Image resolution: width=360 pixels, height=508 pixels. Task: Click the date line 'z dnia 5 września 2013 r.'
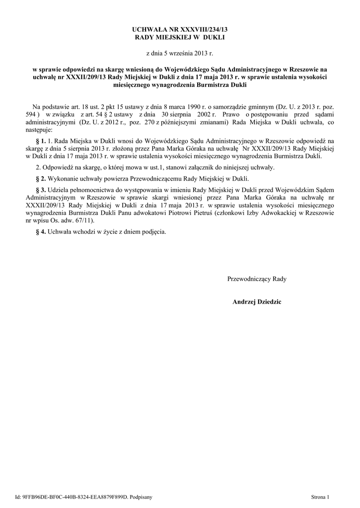pos(180,53)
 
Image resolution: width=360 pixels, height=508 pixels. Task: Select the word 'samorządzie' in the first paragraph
pos(230,107)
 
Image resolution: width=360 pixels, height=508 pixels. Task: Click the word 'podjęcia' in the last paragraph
pos(154,231)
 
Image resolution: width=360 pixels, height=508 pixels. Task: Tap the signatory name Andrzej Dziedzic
pos(257,302)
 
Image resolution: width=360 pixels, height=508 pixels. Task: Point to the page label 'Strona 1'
pos(319,497)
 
